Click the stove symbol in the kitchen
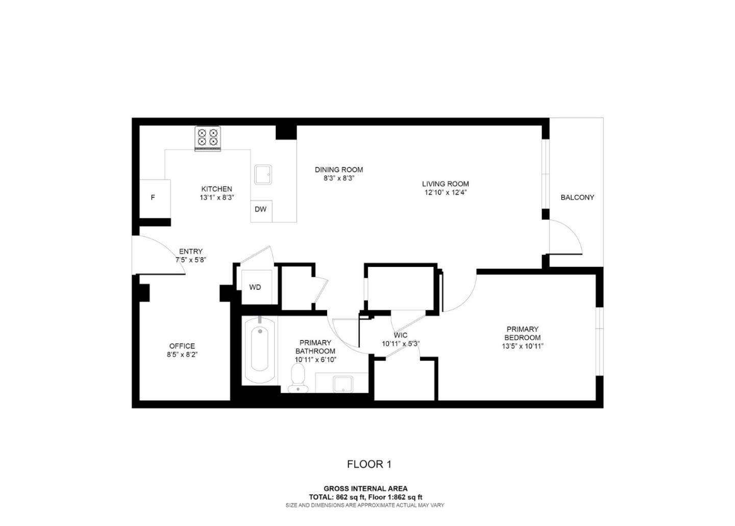pyautogui.click(x=208, y=138)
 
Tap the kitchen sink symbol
pyautogui.click(x=263, y=174)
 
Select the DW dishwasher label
pyautogui.click(x=260, y=210)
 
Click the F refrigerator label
pyautogui.click(x=153, y=198)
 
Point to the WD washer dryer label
pyautogui.click(x=255, y=287)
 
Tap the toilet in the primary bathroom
pyautogui.click(x=298, y=381)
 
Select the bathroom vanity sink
pyautogui.click(x=342, y=383)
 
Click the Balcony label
pyautogui.click(x=577, y=197)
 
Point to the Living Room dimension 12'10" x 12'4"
pyautogui.click(x=446, y=193)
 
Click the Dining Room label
pyautogui.click(x=339, y=170)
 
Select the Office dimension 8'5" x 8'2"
pyautogui.click(x=182, y=355)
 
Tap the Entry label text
pyautogui.click(x=191, y=251)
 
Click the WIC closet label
pyautogui.click(x=401, y=335)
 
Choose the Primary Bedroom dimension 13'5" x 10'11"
pyautogui.click(x=522, y=346)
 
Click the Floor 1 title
pyautogui.click(x=369, y=464)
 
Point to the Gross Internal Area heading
pyautogui.click(x=365, y=489)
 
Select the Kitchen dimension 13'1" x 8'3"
pyautogui.click(x=217, y=197)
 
